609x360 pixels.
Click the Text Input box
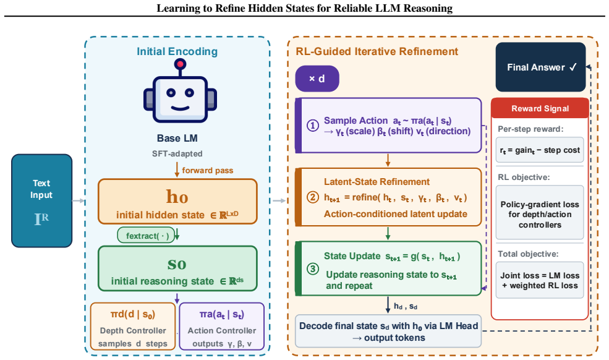click(41, 200)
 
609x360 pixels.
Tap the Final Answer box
click(540, 67)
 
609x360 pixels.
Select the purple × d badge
click(317, 79)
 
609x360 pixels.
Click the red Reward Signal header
click(540, 108)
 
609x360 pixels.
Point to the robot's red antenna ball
click(180, 64)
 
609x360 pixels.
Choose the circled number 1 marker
click(313, 126)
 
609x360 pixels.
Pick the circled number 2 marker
click(313, 197)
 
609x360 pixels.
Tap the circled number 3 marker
click(313, 268)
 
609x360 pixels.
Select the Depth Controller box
click(133, 327)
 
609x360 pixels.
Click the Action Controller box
click(222, 327)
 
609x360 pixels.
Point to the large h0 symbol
click(177, 196)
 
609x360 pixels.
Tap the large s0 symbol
click(177, 264)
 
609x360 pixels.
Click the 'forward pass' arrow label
click(207, 170)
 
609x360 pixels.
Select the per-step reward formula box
click(540, 150)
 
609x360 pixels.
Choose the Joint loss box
click(540, 280)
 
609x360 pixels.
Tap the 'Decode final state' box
click(388, 331)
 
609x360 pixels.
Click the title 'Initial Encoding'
click(177, 51)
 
